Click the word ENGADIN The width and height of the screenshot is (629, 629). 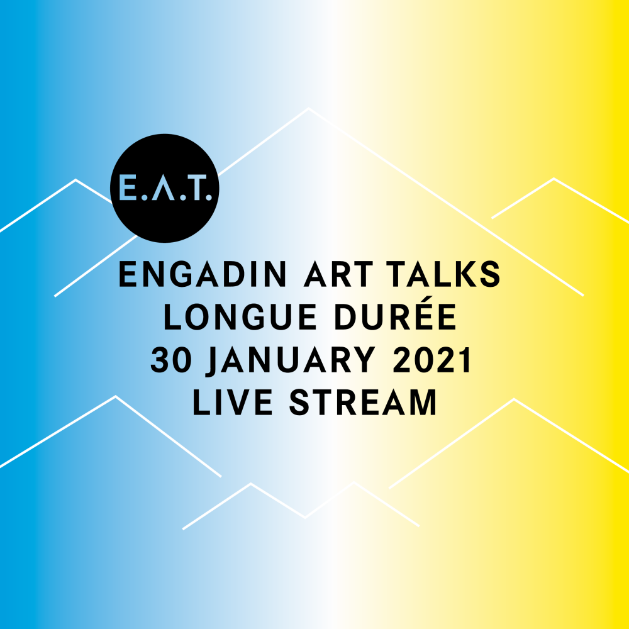(203, 274)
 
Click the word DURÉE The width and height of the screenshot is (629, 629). (396, 314)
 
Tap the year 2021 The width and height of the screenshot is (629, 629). (431, 360)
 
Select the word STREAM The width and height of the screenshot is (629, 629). (363, 403)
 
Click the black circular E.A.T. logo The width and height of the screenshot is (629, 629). (164, 188)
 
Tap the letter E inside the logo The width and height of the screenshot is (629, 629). (126, 187)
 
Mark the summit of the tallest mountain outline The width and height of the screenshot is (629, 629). (308, 108)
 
